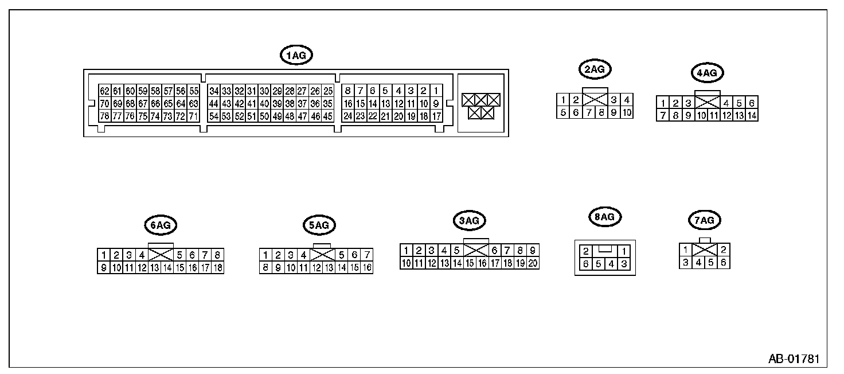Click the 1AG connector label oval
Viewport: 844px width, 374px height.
pos(296,55)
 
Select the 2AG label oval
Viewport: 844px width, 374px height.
pos(595,69)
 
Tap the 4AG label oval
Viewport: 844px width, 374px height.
pos(706,73)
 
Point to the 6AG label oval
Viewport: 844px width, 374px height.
pos(161,225)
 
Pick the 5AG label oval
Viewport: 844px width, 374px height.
pos(319,225)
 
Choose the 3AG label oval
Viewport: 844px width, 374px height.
pos(468,220)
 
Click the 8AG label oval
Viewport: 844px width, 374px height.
pos(605,217)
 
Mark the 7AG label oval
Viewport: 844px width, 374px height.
pos(704,220)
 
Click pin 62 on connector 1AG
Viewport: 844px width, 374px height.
pos(104,91)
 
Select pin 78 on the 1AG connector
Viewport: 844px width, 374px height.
pos(104,116)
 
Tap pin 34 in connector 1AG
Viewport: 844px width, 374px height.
pos(214,91)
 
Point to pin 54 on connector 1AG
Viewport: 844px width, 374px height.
pos(214,116)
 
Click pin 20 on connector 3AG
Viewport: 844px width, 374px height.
pos(533,263)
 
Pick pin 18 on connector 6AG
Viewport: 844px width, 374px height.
pos(217,267)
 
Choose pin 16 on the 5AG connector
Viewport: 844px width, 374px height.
pos(366,267)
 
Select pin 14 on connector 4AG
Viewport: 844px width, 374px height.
pos(752,115)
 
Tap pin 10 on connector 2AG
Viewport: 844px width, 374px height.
pos(627,112)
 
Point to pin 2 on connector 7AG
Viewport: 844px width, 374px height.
pos(724,250)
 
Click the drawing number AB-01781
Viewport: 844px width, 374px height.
pos(794,360)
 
